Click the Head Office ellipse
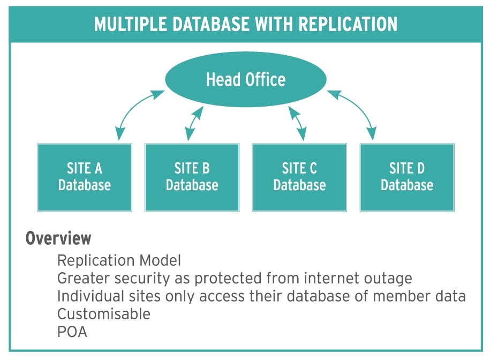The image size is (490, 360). point(246,79)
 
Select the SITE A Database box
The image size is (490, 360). point(85,177)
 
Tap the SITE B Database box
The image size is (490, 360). point(192,177)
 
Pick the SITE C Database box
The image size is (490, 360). point(299,177)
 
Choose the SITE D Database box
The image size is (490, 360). point(407,177)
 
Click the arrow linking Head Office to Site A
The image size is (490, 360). point(133,108)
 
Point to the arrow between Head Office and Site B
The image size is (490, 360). point(194,123)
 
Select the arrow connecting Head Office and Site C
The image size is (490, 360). point(297,123)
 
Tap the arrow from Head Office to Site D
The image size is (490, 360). point(359,108)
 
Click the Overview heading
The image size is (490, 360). point(58,238)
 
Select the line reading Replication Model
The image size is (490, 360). point(119,260)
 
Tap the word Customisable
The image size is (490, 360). point(104,314)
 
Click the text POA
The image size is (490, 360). point(72,332)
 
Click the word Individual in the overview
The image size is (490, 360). point(91,296)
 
